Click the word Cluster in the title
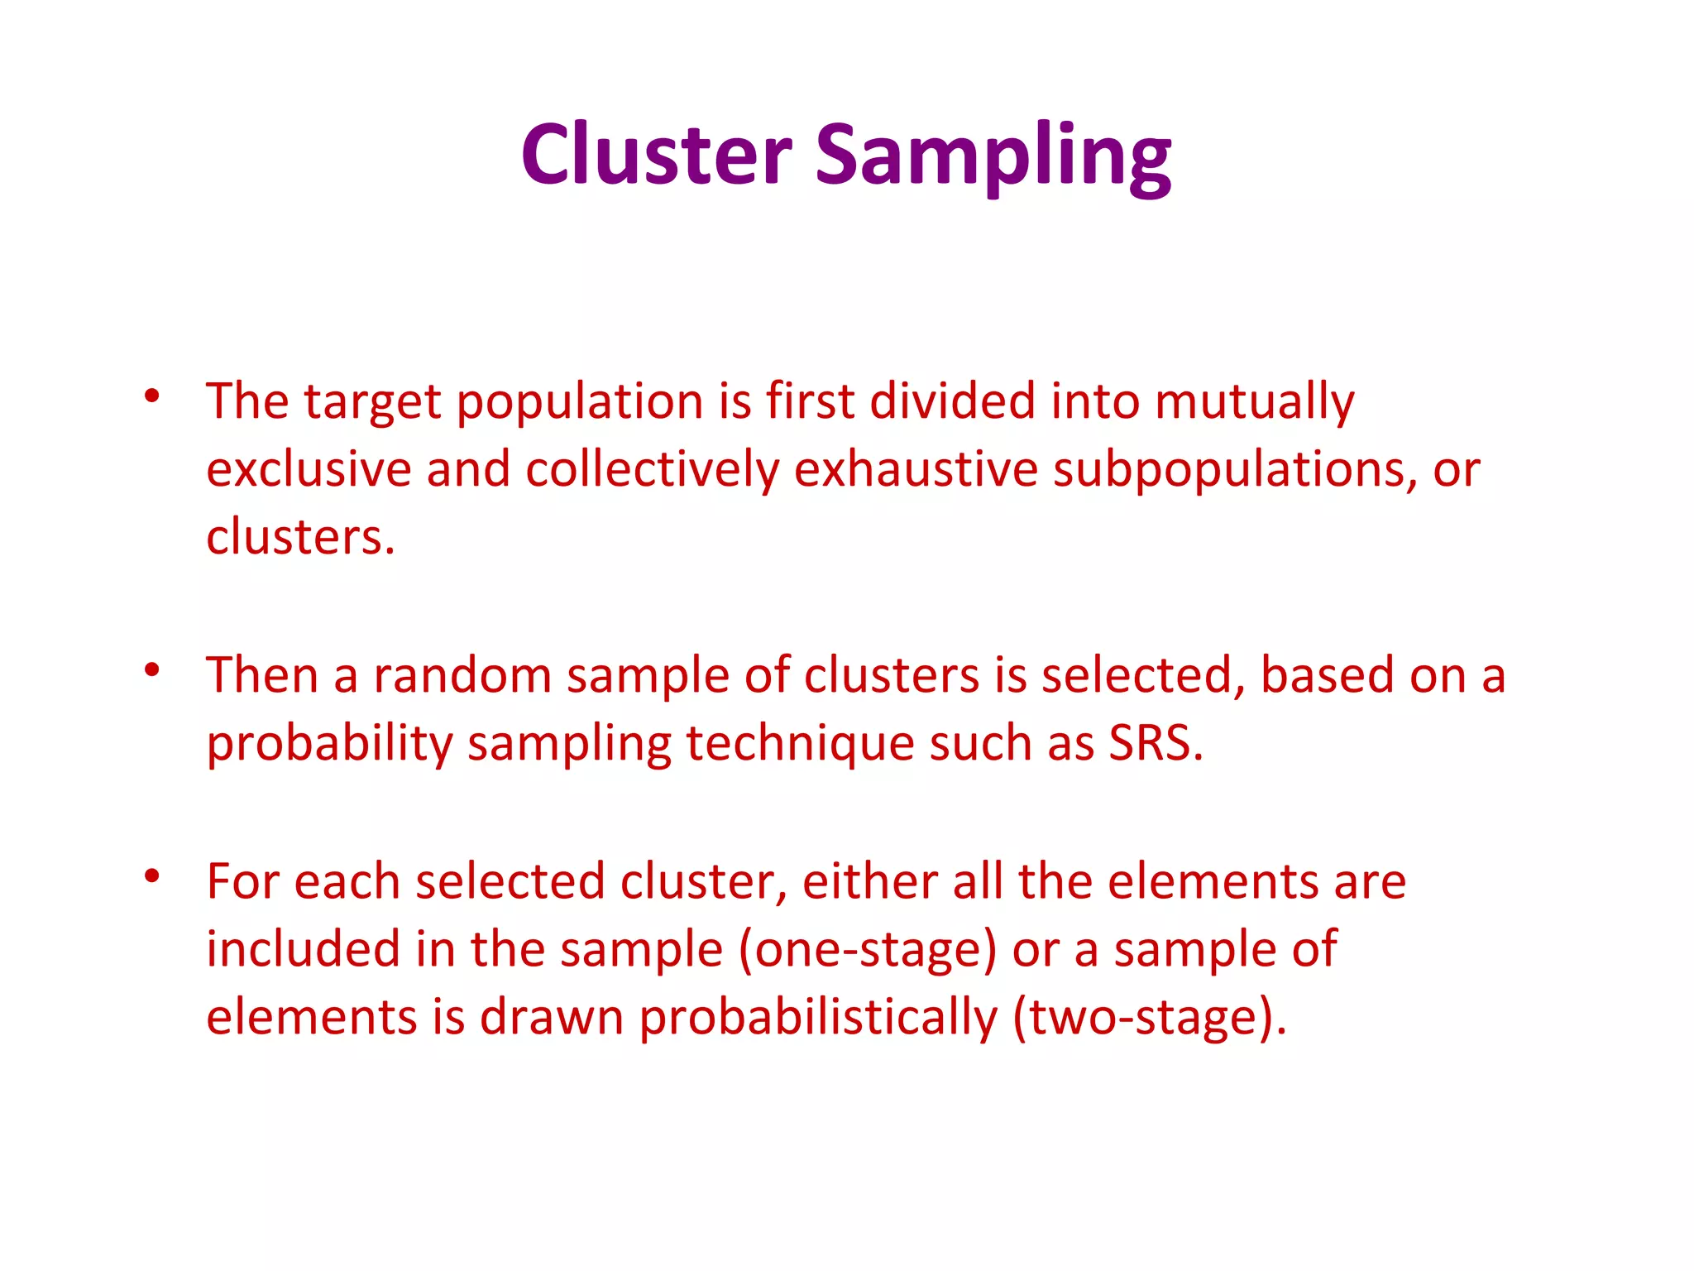656,155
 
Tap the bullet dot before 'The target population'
151,397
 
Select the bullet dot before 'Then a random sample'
151,670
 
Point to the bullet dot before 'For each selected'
151,876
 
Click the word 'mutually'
1254,403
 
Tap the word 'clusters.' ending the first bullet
300,538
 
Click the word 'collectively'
652,471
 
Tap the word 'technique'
799,743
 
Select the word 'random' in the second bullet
462,675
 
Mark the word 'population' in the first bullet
580,403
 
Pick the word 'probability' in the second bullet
329,743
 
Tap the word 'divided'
952,401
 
